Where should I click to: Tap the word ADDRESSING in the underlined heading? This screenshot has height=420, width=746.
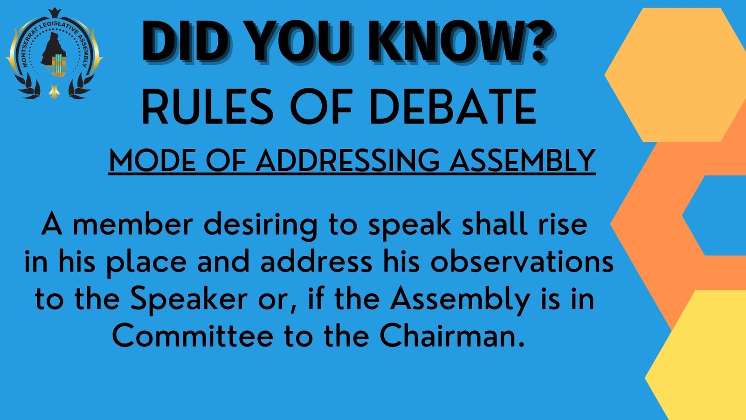(x=348, y=161)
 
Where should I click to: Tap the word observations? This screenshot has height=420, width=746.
(x=522, y=262)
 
